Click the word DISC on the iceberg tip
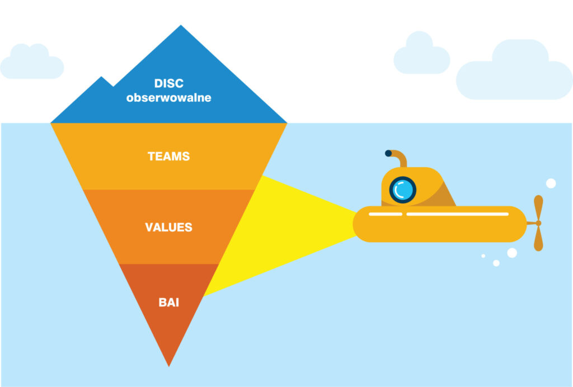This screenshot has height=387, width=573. [x=168, y=84]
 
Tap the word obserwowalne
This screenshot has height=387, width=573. [x=168, y=98]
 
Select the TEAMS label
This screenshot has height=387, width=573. [x=168, y=157]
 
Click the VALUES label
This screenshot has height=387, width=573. [x=168, y=228]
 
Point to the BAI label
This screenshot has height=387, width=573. [x=168, y=303]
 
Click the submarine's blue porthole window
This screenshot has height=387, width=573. [x=402, y=190]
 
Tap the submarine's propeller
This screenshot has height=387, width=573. [x=538, y=223]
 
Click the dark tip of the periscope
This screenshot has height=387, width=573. [x=388, y=153]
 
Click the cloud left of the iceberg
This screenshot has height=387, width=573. [x=31, y=63]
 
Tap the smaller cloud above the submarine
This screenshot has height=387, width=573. [x=421, y=55]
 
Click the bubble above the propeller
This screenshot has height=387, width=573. [x=551, y=183]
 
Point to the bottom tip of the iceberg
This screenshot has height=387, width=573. [x=168, y=364]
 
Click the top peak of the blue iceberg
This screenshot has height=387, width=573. [x=180, y=28]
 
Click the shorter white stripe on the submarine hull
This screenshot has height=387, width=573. [x=385, y=214]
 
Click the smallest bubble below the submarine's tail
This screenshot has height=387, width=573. [x=483, y=256]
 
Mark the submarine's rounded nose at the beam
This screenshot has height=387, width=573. [x=358, y=224]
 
